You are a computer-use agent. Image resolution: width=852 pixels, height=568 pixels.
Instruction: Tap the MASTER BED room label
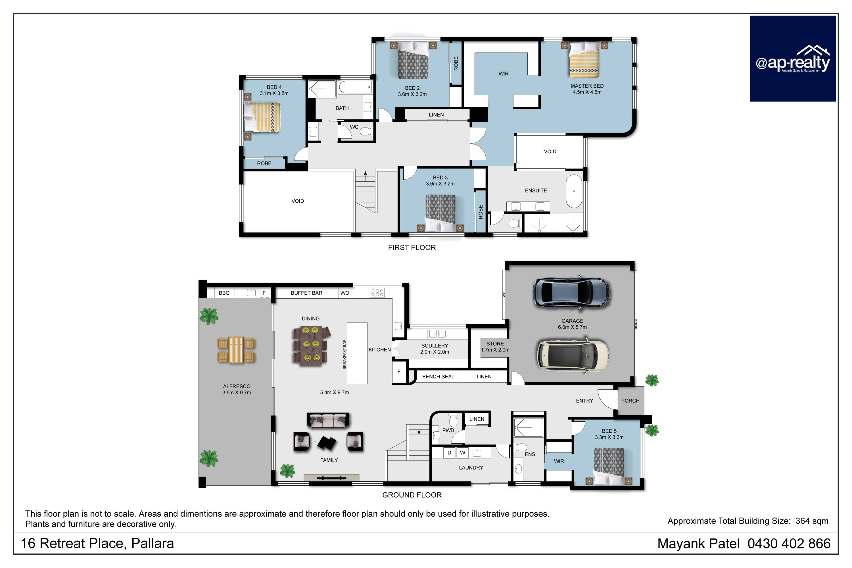pyautogui.click(x=587, y=86)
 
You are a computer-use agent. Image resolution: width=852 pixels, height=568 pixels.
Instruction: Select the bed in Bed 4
pyautogui.click(x=262, y=117)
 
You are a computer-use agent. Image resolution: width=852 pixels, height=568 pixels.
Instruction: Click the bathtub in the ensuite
pyautogui.click(x=574, y=191)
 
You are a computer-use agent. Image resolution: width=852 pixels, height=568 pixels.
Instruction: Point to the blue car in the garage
pyautogui.click(x=571, y=293)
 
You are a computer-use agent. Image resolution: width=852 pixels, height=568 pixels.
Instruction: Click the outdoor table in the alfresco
pyautogui.click(x=236, y=350)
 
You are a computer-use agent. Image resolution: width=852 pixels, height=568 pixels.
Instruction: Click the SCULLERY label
pyautogui.click(x=435, y=345)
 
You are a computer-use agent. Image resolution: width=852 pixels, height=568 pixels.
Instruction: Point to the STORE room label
pyautogui.click(x=495, y=343)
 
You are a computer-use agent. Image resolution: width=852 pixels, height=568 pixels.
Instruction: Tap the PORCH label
pyautogui.click(x=630, y=401)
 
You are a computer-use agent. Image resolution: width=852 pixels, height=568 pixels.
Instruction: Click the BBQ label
pyautogui.click(x=224, y=293)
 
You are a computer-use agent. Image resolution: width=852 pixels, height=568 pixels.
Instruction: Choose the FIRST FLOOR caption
pyautogui.click(x=412, y=248)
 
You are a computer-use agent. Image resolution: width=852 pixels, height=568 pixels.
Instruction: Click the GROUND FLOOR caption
pyautogui.click(x=412, y=495)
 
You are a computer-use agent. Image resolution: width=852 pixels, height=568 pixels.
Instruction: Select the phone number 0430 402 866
pyautogui.click(x=789, y=544)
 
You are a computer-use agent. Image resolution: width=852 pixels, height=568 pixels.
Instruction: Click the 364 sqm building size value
pyautogui.click(x=812, y=521)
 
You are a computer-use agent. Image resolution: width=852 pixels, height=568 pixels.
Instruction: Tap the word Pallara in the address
pyautogui.click(x=152, y=543)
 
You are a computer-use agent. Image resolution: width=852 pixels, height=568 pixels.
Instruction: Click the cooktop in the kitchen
pyautogui.click(x=377, y=293)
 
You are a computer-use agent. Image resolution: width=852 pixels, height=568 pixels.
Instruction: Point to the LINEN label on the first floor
pyautogui.click(x=436, y=115)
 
